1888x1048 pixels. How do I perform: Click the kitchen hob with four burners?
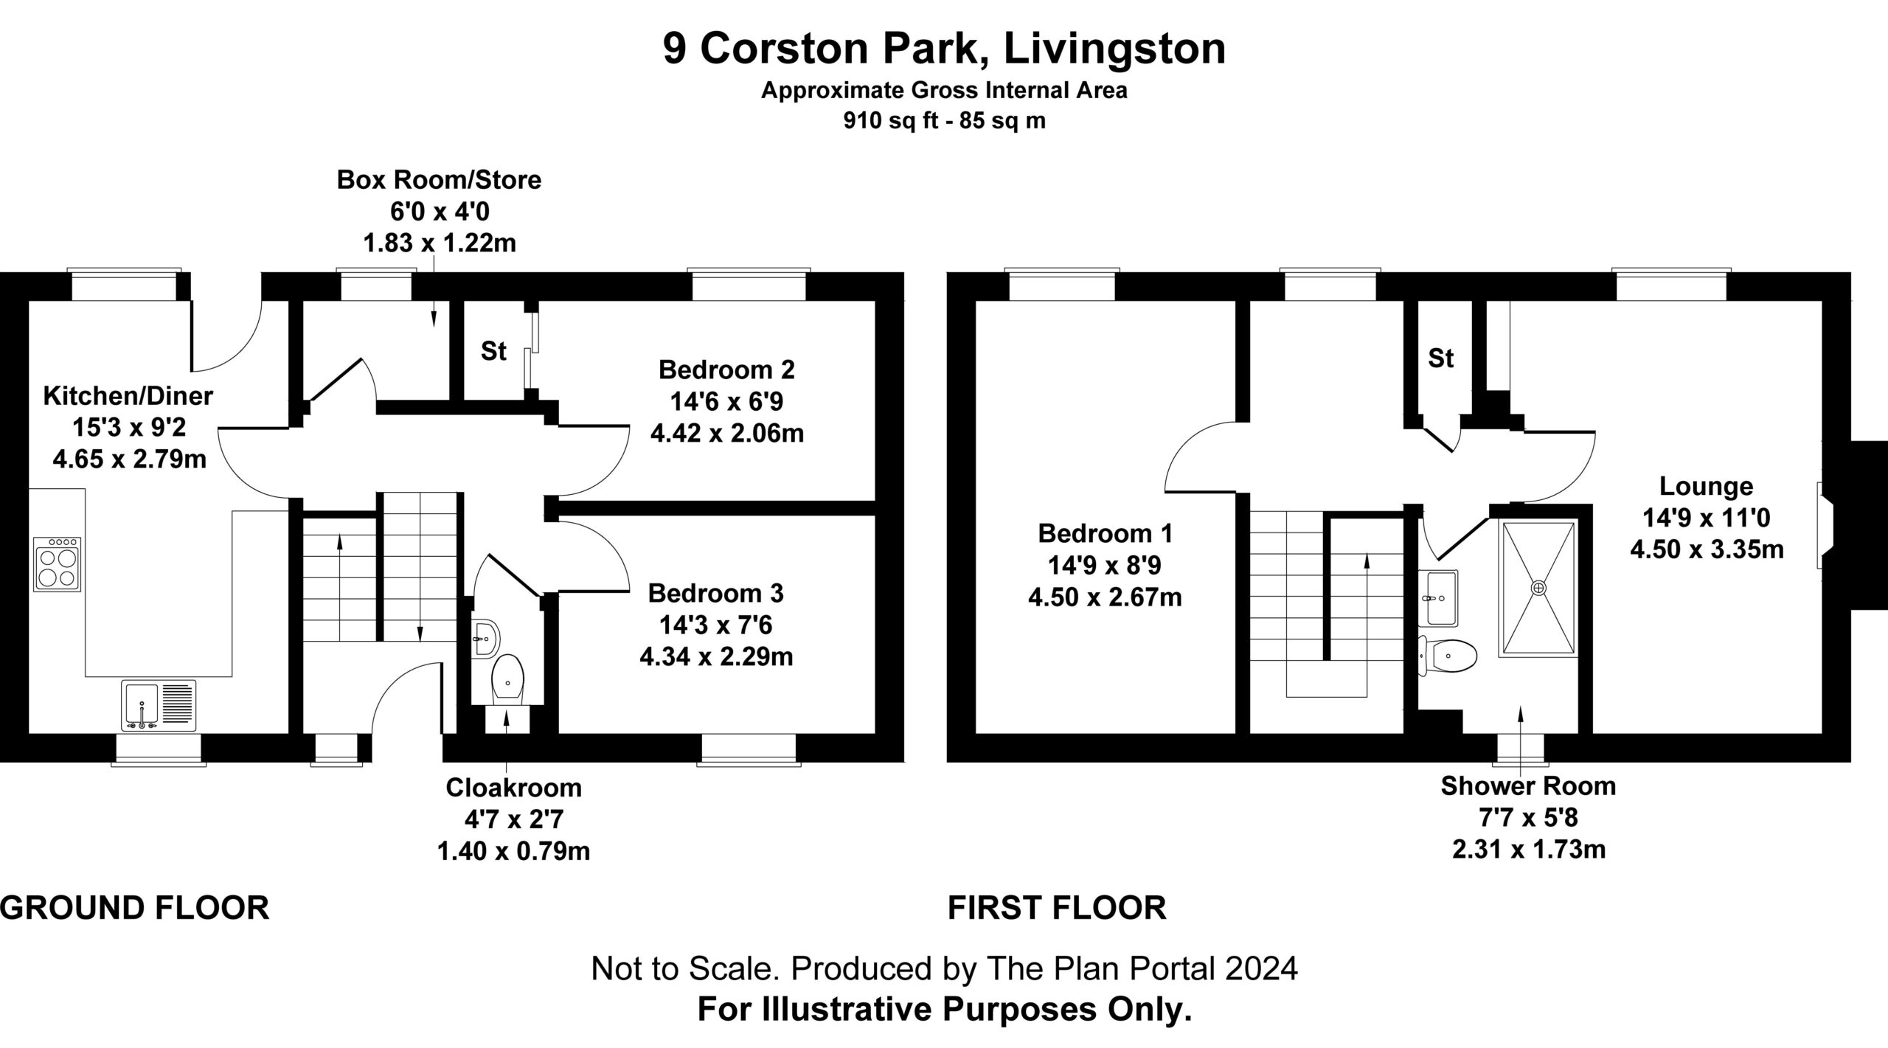click(57, 564)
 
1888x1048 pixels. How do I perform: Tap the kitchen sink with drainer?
click(159, 705)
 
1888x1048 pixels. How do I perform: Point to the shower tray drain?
click(1538, 587)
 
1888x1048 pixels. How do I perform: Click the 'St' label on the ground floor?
click(493, 352)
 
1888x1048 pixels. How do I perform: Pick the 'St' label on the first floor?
click(1440, 358)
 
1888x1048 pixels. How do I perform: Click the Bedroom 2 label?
click(726, 369)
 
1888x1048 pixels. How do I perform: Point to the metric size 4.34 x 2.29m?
click(716, 656)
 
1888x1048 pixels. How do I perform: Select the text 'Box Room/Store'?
click(439, 180)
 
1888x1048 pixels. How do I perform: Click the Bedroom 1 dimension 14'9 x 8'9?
click(1105, 565)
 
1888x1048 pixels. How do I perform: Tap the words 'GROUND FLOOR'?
click(135, 908)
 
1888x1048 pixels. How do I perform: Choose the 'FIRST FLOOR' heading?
click(1057, 908)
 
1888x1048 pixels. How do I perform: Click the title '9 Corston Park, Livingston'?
click(944, 49)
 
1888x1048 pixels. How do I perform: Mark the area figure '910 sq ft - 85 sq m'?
click(944, 121)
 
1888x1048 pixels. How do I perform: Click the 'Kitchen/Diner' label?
click(128, 397)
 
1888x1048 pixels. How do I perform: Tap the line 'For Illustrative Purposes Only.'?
click(945, 1009)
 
